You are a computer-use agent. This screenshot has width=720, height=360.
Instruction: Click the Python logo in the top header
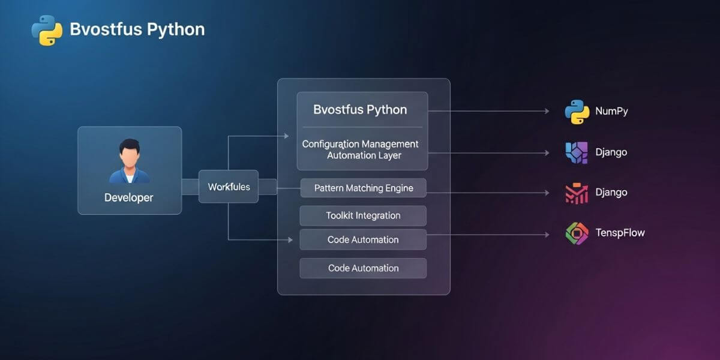coord(47,30)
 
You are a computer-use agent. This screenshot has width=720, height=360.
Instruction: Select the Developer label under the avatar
coord(128,197)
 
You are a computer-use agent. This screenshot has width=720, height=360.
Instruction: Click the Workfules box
coord(229,187)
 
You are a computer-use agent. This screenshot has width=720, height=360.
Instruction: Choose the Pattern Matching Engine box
coord(364,188)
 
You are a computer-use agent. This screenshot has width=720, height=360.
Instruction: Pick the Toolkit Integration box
coord(363,215)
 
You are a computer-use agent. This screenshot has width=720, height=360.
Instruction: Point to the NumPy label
coord(611,112)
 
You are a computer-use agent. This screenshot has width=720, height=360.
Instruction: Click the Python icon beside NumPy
coord(577,112)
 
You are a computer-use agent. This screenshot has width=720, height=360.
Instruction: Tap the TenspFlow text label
coord(620,233)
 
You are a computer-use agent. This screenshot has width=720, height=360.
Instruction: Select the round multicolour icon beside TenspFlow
coord(577,233)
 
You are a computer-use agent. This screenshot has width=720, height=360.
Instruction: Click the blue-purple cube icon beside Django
coord(577,152)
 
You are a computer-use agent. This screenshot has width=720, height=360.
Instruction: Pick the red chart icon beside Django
coord(577,193)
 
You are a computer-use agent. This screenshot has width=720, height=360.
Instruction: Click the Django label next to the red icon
coord(611,193)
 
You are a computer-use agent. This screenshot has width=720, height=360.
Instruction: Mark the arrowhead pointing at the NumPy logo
coord(546,111)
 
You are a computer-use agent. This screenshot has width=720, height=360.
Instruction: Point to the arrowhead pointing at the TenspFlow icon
coord(546,235)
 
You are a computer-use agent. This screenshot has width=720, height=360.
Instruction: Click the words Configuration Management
coord(360,144)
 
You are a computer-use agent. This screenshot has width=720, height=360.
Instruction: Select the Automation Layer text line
coord(364,155)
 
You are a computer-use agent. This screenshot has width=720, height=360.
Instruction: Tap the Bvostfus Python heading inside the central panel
coord(360,110)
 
